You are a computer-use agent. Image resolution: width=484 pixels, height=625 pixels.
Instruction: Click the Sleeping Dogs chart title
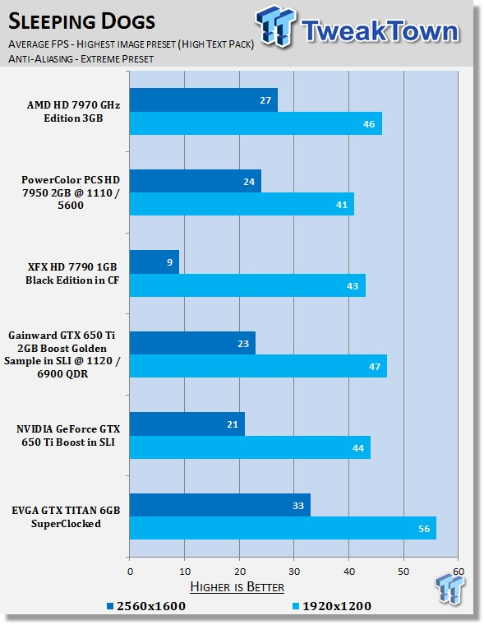(x=81, y=21)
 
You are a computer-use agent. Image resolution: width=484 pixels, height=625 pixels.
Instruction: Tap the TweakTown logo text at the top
(x=380, y=30)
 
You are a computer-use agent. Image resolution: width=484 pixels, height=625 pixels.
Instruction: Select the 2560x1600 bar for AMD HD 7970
(x=204, y=100)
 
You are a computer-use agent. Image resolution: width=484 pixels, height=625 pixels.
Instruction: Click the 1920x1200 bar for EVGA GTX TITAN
(x=283, y=528)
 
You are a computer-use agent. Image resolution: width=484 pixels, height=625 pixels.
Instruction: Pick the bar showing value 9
(x=154, y=262)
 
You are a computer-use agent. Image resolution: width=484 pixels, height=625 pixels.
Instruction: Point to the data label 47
(x=375, y=366)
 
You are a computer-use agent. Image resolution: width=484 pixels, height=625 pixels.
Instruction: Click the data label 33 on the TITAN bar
(x=298, y=506)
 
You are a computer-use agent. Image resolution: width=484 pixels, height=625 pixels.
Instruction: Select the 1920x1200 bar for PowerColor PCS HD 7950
(x=242, y=204)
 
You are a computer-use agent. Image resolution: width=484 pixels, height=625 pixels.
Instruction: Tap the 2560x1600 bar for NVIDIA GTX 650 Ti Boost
(x=187, y=424)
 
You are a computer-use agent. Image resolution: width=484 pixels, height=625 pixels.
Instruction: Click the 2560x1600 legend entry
(x=146, y=606)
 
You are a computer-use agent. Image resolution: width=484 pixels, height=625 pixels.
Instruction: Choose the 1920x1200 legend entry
(x=332, y=606)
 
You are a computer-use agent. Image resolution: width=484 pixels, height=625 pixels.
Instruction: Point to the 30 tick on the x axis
(x=294, y=572)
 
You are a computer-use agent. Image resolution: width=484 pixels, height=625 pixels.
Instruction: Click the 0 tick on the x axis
(x=131, y=572)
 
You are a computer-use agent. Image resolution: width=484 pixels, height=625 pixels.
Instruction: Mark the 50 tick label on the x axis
(x=403, y=572)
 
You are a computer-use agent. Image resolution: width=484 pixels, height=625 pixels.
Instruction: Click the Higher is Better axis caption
(x=237, y=586)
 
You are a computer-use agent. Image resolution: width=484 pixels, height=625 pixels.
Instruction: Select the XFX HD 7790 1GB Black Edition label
(x=72, y=273)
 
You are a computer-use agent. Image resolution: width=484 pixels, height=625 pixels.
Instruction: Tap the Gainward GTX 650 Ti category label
(x=62, y=354)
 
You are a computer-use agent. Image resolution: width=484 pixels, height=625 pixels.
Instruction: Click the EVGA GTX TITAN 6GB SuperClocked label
(x=66, y=517)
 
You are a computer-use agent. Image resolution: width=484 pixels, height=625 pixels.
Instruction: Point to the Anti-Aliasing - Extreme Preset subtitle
(x=81, y=59)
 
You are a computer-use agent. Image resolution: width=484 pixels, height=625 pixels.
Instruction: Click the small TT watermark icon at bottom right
(x=450, y=588)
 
